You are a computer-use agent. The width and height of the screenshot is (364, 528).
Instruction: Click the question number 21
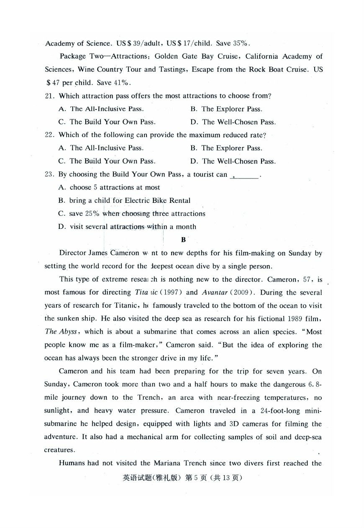[50, 96]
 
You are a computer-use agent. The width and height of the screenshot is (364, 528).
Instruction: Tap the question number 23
[50, 174]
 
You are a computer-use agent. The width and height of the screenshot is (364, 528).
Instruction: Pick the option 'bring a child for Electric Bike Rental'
[124, 201]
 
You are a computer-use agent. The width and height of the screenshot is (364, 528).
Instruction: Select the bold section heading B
[183, 240]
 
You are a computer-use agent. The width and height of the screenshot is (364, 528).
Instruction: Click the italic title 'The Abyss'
[61, 332]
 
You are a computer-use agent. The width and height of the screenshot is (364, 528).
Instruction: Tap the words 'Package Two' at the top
[79, 57]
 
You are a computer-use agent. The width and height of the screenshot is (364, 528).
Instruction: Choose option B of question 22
[226, 148]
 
